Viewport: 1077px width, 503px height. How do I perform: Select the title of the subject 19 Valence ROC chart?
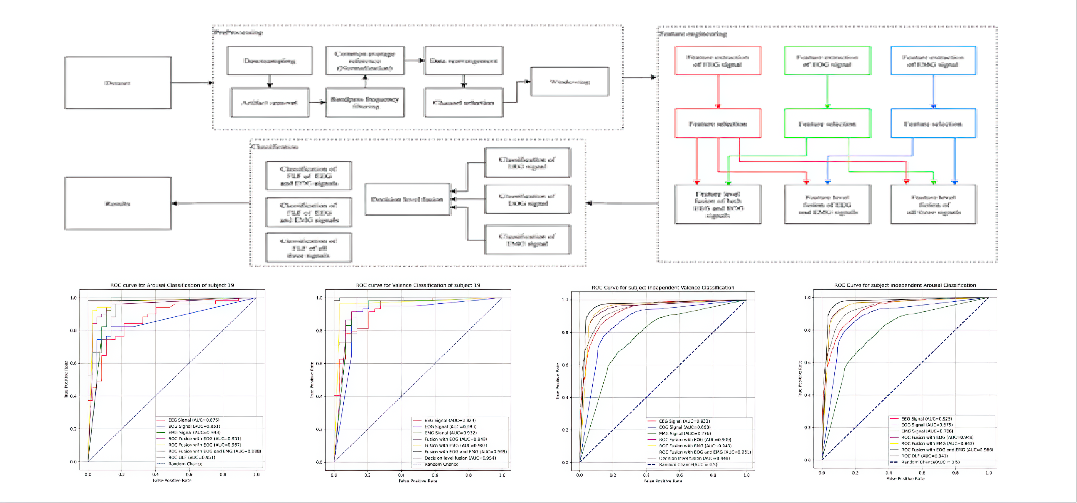418,285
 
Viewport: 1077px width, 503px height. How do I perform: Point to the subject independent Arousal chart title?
905,285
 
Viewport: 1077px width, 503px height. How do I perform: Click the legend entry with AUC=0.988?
214,451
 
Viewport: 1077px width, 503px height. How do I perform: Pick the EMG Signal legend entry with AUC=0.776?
685,434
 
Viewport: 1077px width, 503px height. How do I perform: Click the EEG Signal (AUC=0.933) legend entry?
684,421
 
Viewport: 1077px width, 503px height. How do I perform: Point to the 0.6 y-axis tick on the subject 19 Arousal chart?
73,363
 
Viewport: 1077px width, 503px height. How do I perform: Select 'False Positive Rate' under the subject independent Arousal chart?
905,478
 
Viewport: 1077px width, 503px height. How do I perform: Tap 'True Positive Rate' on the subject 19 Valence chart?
312,380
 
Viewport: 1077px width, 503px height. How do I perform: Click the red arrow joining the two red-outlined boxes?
718,91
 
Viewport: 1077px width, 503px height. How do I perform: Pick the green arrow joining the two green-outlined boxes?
827,91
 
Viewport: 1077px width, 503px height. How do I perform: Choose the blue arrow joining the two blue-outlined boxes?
933,91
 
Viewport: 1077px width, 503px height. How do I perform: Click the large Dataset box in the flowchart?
118,83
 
